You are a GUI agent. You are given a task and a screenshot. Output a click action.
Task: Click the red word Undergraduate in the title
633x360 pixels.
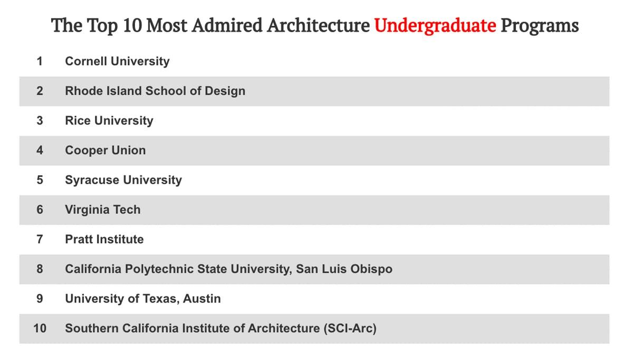pyautogui.click(x=435, y=25)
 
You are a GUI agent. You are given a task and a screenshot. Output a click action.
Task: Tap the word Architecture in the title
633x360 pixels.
pyautogui.click(x=318, y=25)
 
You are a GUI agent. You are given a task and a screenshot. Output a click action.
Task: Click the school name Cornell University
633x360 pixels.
pyautogui.click(x=117, y=61)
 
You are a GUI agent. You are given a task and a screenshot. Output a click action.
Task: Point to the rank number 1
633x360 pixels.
pyautogui.click(x=40, y=61)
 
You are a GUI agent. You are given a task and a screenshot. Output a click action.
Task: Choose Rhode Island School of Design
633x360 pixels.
pyautogui.click(x=155, y=91)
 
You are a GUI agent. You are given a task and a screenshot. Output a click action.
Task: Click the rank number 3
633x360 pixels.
pyautogui.click(x=40, y=120)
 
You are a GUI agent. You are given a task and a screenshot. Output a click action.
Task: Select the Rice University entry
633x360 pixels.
pyautogui.click(x=109, y=120)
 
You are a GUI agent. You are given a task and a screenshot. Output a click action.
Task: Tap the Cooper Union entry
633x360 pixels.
pyautogui.click(x=105, y=150)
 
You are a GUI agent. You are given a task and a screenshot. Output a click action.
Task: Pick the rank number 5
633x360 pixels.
pyautogui.click(x=40, y=180)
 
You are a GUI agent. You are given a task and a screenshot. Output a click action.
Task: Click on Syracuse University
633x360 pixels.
pyautogui.click(x=123, y=180)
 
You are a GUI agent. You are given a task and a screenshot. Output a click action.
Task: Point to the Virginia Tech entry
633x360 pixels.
pyautogui.click(x=102, y=210)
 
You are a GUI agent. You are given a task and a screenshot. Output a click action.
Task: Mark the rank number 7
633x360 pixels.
pyautogui.click(x=40, y=239)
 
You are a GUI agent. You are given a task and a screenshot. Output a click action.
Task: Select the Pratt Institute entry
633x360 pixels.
pyautogui.click(x=104, y=239)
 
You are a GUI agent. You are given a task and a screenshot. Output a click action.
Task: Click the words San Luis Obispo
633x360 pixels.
pyautogui.click(x=344, y=269)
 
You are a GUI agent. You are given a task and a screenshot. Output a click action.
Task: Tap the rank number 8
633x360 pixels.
pyautogui.click(x=40, y=269)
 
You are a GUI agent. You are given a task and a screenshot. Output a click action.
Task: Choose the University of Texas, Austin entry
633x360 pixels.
pyautogui.click(x=142, y=299)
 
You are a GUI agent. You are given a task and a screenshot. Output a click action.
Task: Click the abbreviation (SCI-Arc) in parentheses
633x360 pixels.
pyautogui.click(x=349, y=328)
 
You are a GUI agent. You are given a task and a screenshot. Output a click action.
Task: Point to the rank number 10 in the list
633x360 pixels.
pyautogui.click(x=40, y=328)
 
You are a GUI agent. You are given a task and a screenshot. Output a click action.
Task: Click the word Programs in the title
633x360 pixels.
pyautogui.click(x=539, y=25)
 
